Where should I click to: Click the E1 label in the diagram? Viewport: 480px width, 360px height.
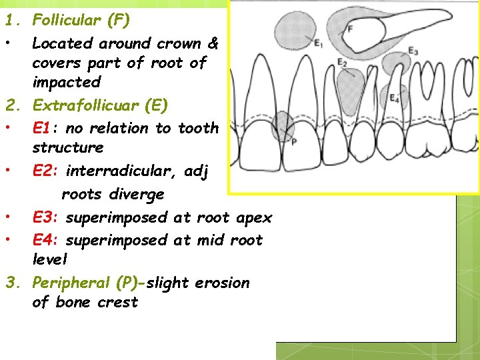point(318,45)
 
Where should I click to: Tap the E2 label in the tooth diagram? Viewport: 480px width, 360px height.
point(342,63)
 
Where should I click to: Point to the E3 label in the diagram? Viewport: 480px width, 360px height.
point(413,52)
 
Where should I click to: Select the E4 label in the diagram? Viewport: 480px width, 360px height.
point(395,99)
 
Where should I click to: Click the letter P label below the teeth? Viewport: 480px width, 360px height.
point(294,142)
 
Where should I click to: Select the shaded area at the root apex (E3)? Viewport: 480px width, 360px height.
point(398,65)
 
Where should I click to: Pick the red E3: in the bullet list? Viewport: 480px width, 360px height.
point(48,217)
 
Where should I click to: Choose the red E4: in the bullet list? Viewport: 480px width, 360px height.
point(48,239)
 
